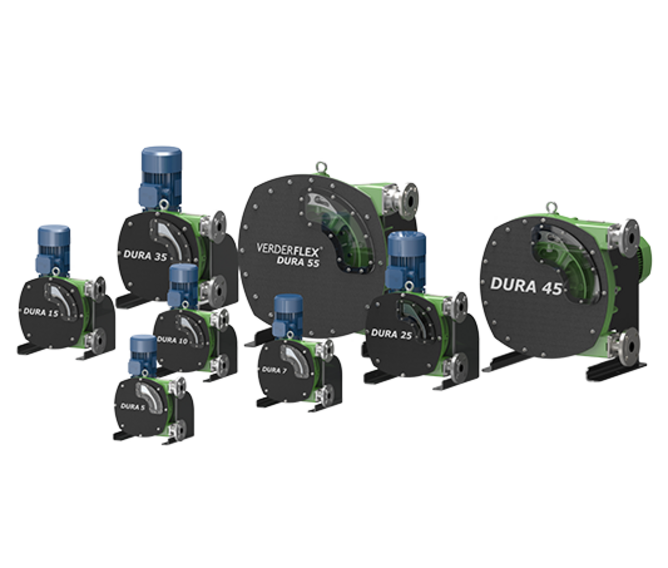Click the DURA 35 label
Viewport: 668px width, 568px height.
point(145,256)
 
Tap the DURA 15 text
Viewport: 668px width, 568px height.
point(41,312)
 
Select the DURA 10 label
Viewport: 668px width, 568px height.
point(172,340)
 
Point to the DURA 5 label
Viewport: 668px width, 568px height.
point(133,407)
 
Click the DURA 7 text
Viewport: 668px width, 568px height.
point(274,370)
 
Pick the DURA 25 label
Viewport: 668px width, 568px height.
point(391,334)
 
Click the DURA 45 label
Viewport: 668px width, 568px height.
point(526,286)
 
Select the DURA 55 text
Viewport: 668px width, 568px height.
point(298,261)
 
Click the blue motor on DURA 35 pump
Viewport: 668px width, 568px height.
point(161,177)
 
